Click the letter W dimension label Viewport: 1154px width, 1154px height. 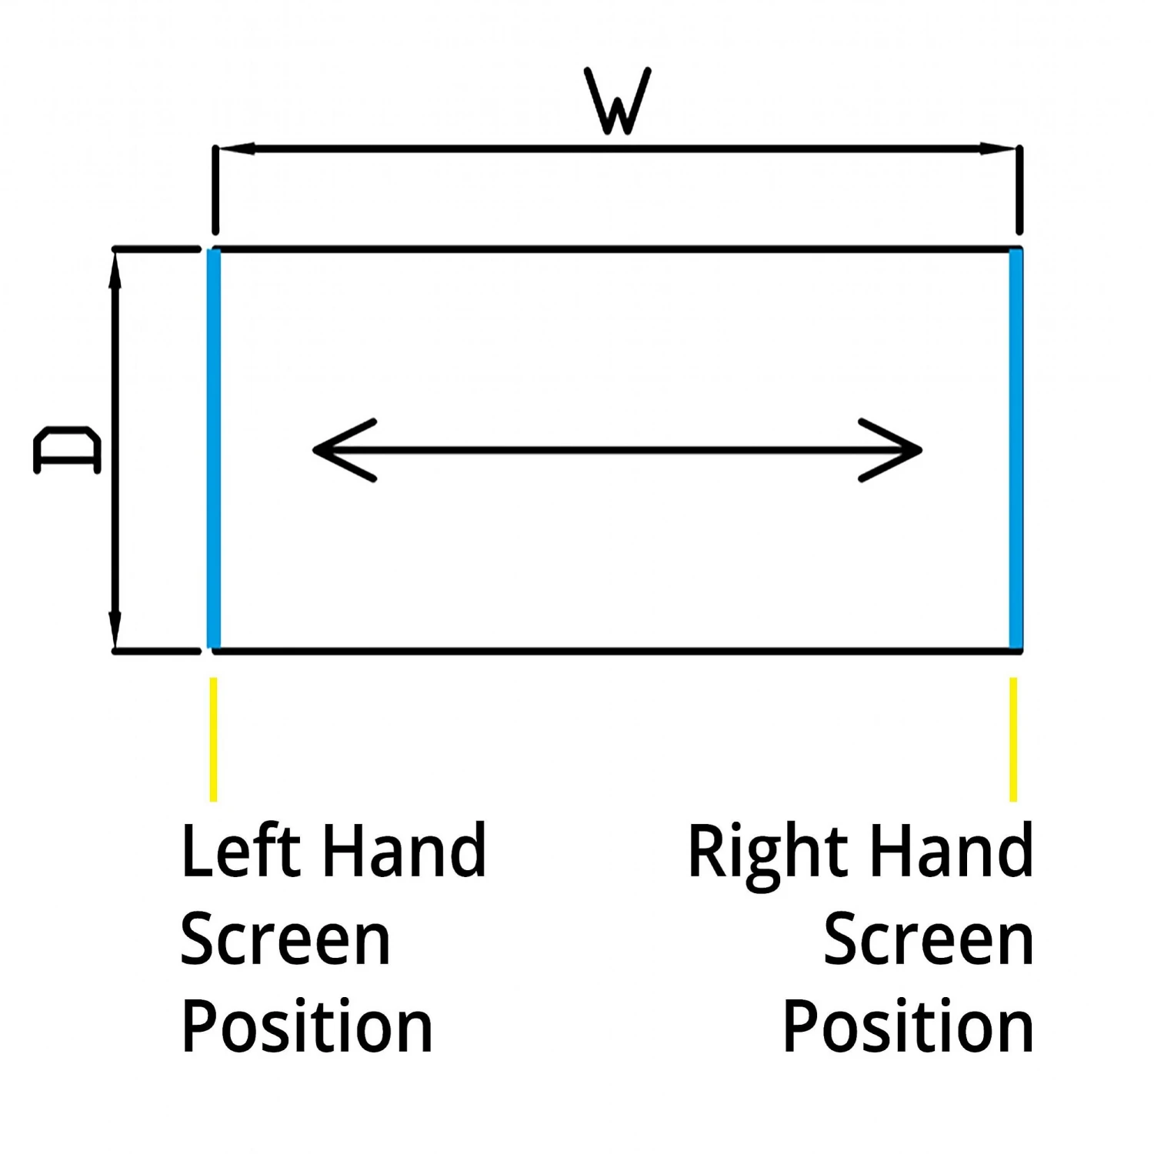coord(618,101)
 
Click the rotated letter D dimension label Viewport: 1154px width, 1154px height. coord(68,450)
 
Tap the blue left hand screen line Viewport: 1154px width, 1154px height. coord(214,449)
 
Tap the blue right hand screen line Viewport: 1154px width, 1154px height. coord(1016,449)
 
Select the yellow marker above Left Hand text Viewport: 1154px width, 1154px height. coord(213,739)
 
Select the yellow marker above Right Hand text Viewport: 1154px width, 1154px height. coord(1013,739)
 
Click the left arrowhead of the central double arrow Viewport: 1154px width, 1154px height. coord(339,450)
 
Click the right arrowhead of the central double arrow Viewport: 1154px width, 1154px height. coord(896,450)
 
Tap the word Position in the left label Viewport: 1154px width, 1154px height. coord(306,1029)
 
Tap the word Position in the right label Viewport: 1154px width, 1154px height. coord(908,1029)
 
